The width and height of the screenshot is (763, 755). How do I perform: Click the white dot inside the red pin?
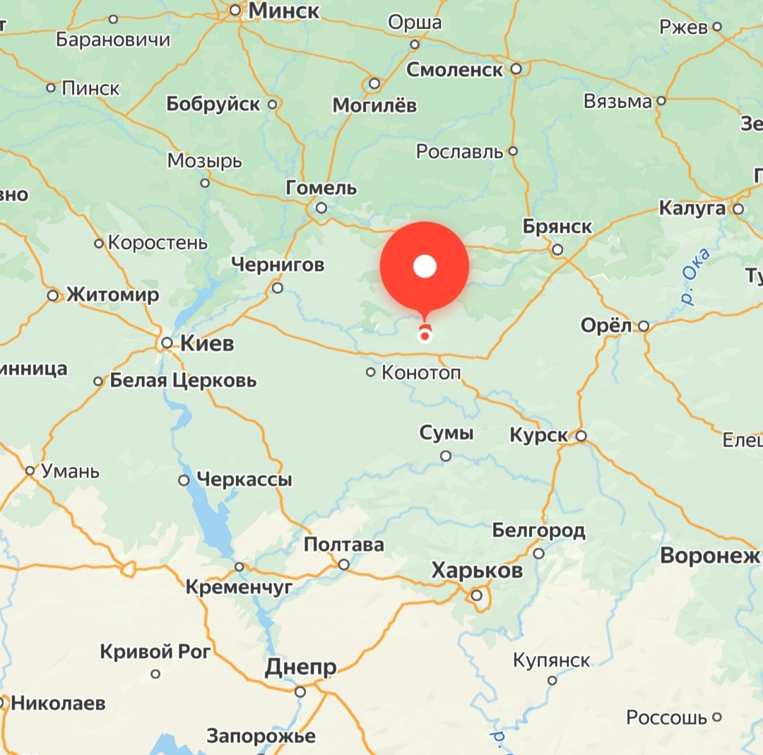pyautogui.click(x=425, y=266)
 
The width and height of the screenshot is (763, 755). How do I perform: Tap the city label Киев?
pyautogui.click(x=207, y=344)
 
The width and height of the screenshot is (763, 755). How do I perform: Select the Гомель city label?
pyautogui.click(x=321, y=189)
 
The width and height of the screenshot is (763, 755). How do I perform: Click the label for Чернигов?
pyautogui.click(x=278, y=265)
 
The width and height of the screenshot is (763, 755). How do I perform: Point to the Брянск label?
pyautogui.click(x=557, y=227)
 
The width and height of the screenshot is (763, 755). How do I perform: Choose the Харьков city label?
pyautogui.click(x=477, y=571)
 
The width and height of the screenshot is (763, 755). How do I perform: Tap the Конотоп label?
pyautogui.click(x=420, y=372)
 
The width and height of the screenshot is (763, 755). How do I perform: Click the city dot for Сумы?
pyautogui.click(x=446, y=456)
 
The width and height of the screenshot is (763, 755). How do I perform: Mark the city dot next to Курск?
pyautogui.click(x=581, y=436)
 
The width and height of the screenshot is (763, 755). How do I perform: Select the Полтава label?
pyautogui.click(x=344, y=545)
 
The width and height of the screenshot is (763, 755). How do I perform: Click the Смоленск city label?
pyautogui.click(x=455, y=70)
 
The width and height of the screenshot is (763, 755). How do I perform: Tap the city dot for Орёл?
pyautogui.click(x=644, y=326)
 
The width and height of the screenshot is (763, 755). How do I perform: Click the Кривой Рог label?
pyautogui.click(x=155, y=652)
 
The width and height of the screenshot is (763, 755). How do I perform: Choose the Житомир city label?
pyautogui.click(x=113, y=295)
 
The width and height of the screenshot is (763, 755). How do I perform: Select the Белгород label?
pyautogui.click(x=538, y=530)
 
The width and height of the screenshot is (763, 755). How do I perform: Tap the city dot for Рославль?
pyautogui.click(x=513, y=151)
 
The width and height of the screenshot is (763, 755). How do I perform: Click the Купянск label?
pyautogui.click(x=552, y=660)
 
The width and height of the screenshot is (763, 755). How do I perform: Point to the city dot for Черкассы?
pyautogui.click(x=184, y=480)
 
